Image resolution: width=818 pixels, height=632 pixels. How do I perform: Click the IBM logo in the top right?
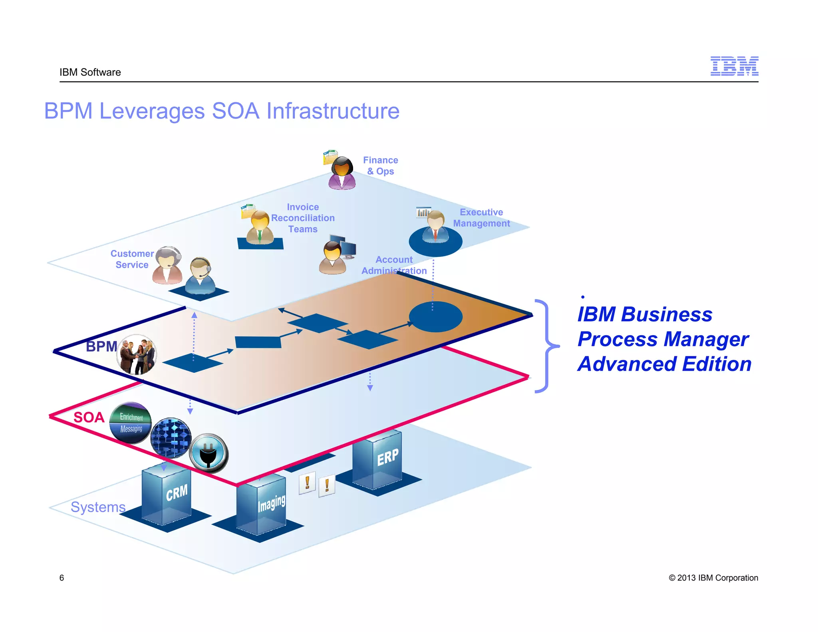734,66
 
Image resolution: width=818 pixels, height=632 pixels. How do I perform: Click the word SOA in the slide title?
235,111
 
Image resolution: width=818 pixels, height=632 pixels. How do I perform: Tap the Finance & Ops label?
380,165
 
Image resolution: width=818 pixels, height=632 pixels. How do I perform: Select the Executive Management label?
481,218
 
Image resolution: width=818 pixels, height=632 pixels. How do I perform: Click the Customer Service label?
132,259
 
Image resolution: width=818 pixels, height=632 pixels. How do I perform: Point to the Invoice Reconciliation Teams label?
303,218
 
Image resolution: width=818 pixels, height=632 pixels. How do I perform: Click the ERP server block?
377,459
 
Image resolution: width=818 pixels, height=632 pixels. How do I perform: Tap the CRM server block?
167,495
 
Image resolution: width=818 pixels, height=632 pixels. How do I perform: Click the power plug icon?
208,453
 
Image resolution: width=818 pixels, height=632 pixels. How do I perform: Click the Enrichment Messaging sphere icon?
131,423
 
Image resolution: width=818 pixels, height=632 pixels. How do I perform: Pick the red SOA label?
89,417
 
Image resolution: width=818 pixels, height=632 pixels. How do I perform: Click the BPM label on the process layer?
101,346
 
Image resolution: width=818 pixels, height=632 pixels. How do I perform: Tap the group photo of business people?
137,354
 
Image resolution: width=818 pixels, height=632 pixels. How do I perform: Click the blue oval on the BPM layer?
435,317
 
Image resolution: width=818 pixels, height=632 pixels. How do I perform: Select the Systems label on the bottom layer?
98,507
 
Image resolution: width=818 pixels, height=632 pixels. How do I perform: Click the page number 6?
62,578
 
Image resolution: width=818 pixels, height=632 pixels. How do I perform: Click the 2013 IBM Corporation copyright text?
713,578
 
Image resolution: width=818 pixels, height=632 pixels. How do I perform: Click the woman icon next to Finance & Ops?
342,173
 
